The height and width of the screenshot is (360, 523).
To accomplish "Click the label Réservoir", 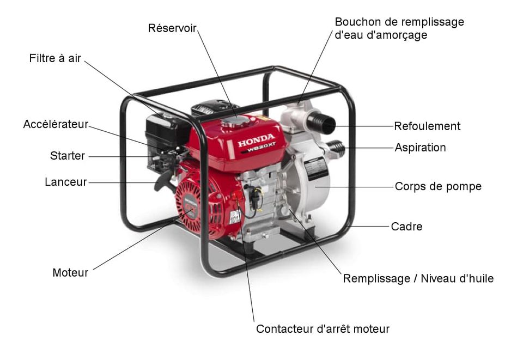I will (172, 28).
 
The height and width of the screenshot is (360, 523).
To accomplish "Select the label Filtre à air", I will (55, 58).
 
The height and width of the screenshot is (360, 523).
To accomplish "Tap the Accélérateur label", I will (56, 125).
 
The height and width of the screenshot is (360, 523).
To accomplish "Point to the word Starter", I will (68, 156).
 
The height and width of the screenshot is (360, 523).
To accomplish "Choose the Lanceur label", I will (65, 182).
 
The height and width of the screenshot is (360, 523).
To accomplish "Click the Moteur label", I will (70, 273).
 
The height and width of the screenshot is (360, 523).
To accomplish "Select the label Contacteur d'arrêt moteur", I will (323, 329).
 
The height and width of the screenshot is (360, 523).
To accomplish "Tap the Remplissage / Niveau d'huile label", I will (418, 279).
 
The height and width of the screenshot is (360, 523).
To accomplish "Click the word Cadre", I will (406, 226).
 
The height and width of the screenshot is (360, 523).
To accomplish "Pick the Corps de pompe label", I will (438, 186).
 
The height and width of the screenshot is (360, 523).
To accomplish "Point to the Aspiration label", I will (420, 148).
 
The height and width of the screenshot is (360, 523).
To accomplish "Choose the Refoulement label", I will (427, 126).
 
